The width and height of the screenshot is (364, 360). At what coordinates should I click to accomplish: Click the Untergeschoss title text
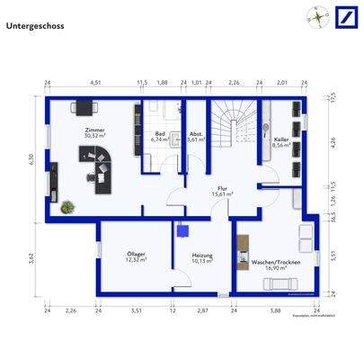click(x=33, y=26)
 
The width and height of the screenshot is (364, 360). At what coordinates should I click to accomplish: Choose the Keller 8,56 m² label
click(x=280, y=145)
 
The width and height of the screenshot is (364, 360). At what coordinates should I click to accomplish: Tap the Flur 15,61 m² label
click(x=222, y=191)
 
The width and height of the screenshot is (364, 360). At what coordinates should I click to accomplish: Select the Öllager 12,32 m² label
click(x=137, y=257)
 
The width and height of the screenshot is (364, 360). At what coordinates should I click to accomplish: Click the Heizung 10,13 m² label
click(x=201, y=258)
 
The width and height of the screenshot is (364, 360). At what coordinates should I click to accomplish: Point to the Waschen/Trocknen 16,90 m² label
click(x=271, y=264)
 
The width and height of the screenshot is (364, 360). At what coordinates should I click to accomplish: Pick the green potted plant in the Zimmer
click(x=67, y=206)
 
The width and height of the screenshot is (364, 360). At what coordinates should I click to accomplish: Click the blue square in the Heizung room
click(x=183, y=229)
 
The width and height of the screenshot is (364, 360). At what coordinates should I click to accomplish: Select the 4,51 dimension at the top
click(x=93, y=83)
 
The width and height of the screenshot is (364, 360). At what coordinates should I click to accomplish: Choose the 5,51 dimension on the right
click(x=332, y=255)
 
